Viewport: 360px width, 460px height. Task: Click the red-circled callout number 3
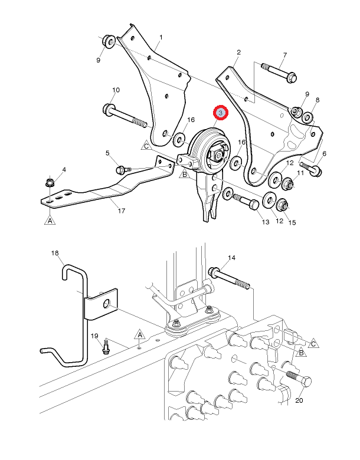coord(220,112)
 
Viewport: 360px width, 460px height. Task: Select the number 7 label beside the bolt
coord(284,55)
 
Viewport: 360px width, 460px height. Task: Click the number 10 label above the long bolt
coord(116,90)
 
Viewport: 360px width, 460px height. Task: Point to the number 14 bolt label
coord(231,258)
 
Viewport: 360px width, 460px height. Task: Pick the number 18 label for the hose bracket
coord(55,253)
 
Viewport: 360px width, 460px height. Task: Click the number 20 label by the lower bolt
coord(299,399)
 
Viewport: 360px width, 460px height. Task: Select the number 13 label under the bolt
coord(266,222)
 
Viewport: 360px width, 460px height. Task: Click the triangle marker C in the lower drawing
coord(313,343)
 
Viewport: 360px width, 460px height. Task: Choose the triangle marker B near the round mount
coord(184,174)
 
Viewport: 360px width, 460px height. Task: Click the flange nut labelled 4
coord(50,181)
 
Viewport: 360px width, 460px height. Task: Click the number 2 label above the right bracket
coord(238,52)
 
